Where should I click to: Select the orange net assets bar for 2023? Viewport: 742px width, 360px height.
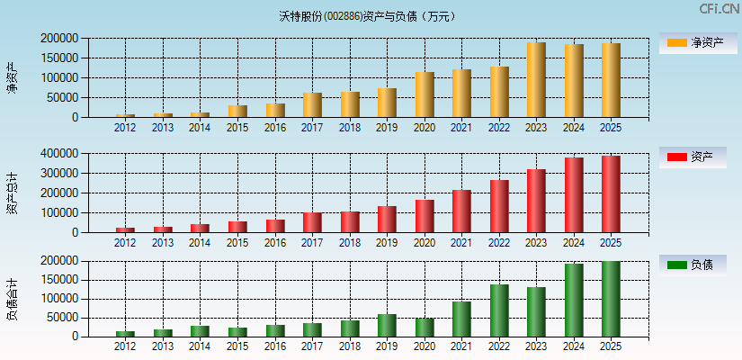click(x=536, y=80)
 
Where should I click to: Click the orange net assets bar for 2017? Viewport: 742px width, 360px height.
click(x=312, y=105)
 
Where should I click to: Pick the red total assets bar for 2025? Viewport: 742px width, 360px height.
click(x=611, y=194)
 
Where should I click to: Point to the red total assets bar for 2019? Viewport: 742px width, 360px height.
click(x=387, y=220)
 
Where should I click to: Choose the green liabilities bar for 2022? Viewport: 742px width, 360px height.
click(x=499, y=310)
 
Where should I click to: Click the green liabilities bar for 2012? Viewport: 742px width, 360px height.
click(x=125, y=334)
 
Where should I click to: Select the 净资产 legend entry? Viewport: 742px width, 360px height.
click(x=693, y=42)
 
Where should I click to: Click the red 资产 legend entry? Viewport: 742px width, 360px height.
click(x=693, y=157)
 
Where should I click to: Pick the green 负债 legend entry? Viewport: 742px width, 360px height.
click(x=693, y=265)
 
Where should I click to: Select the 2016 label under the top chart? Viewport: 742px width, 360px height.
click(x=275, y=128)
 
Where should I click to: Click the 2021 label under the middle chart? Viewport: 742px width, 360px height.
click(x=461, y=243)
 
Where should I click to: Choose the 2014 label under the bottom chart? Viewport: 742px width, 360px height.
click(x=200, y=346)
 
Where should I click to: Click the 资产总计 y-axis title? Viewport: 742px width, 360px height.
click(x=12, y=193)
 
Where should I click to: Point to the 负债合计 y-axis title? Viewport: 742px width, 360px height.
click(x=12, y=299)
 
